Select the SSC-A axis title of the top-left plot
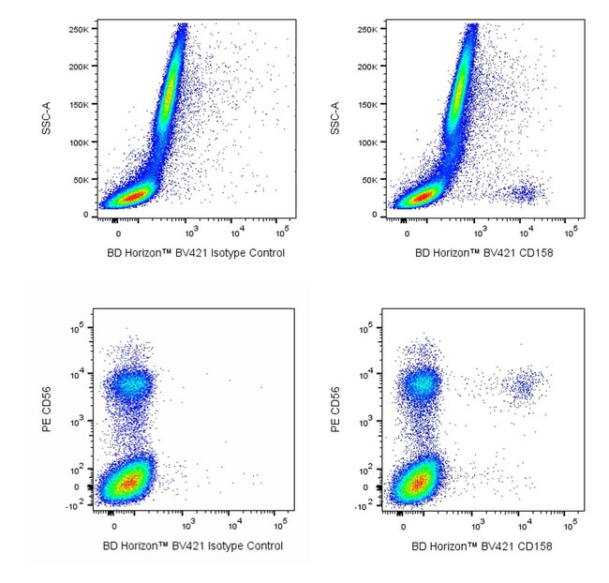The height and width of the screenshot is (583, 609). point(46,120)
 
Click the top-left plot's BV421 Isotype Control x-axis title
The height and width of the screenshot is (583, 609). point(193,253)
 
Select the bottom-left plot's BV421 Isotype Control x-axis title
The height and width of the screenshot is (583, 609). point(193,546)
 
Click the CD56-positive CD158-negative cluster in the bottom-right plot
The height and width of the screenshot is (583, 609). point(420,383)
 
